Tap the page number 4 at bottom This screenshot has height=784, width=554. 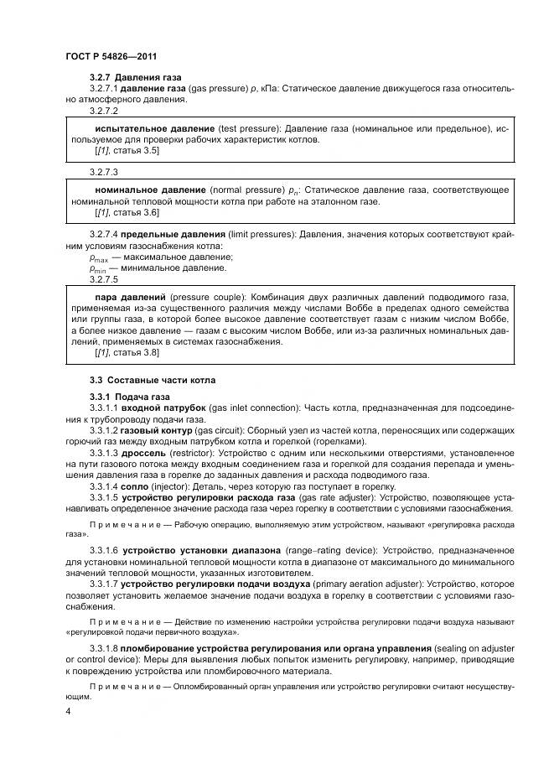(x=68, y=711)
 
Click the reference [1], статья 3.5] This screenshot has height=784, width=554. (x=127, y=150)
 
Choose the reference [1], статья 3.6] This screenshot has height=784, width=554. (x=127, y=213)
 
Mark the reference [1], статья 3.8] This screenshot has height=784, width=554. (x=127, y=353)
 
